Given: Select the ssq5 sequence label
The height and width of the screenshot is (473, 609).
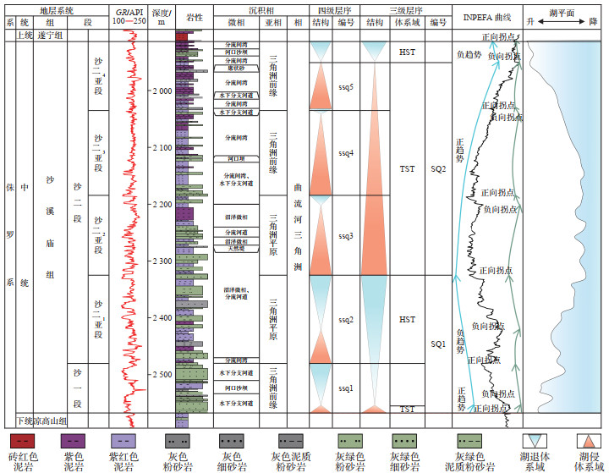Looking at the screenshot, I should tap(345, 86).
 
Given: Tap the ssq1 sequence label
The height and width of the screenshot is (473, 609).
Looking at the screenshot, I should tap(345, 388).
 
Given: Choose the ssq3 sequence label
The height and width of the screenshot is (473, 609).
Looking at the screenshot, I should tap(345, 236).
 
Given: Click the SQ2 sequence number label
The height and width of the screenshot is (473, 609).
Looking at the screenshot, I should tap(437, 169).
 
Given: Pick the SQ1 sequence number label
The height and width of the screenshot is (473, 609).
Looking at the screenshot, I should tap(437, 344).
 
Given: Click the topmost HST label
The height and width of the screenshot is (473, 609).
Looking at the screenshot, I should tap(407, 52).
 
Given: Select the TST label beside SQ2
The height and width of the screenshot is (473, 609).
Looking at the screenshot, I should tap(407, 169).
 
